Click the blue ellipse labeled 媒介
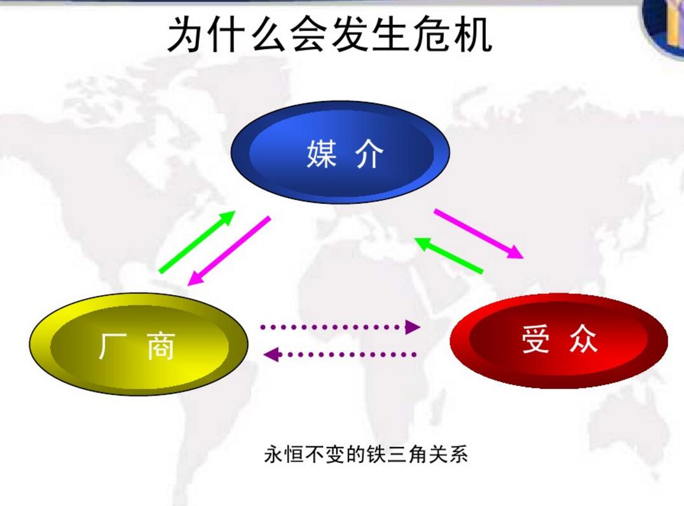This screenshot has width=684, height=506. pyautogui.click(x=340, y=152)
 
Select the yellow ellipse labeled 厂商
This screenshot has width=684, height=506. pyautogui.click(x=139, y=344)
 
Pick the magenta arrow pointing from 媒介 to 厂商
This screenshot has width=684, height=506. pyautogui.click(x=229, y=251)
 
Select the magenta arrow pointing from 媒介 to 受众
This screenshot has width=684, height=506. pyautogui.click(x=479, y=234)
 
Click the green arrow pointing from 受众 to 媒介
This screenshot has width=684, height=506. pyautogui.click(x=449, y=255)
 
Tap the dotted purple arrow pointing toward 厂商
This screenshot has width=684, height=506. pyautogui.click(x=340, y=354)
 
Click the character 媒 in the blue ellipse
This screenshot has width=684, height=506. pyautogui.click(x=322, y=154)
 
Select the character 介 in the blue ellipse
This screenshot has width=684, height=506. pyautogui.click(x=369, y=154)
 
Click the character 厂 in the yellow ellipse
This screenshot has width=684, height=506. pyautogui.click(x=113, y=346)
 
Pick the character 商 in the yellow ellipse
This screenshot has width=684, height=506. pyautogui.click(x=161, y=346)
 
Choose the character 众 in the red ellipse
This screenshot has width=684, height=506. pyautogui.click(x=583, y=338)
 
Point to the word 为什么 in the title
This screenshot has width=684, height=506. pyautogui.click(x=226, y=35)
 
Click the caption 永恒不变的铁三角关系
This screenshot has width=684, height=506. pyautogui.click(x=366, y=454)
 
